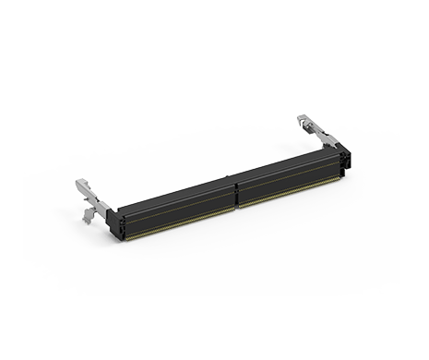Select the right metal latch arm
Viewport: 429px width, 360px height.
[x=314, y=129]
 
